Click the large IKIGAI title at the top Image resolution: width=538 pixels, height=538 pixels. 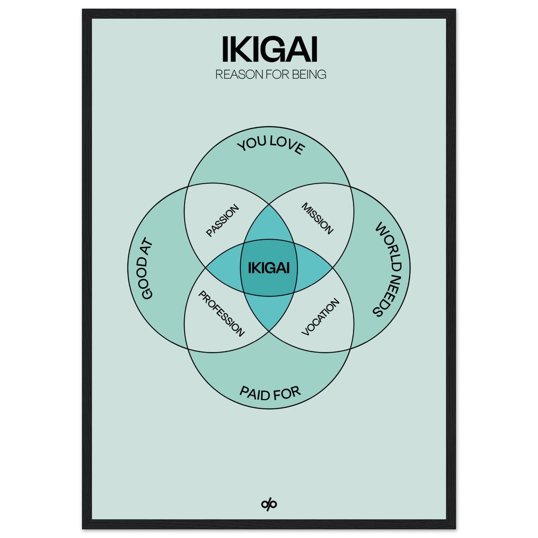(x=269, y=52)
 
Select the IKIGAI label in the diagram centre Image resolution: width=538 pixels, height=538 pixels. (x=269, y=268)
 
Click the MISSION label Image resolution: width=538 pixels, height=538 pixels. (x=317, y=219)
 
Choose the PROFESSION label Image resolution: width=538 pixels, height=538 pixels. (x=221, y=314)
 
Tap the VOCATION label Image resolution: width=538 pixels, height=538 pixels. (x=321, y=317)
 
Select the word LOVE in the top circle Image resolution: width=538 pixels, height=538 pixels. (x=287, y=145)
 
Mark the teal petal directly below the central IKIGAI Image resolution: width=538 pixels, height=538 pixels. (x=269, y=312)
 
